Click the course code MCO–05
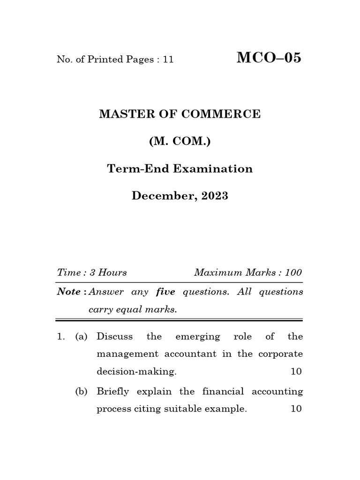click(269, 58)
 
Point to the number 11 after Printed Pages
click(168, 60)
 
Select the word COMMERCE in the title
click(225, 114)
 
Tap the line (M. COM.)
click(180, 141)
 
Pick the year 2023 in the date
click(215, 196)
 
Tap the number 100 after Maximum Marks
click(293, 272)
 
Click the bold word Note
click(69, 292)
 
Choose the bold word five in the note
click(165, 292)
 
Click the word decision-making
click(136, 372)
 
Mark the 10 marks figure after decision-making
click(296, 372)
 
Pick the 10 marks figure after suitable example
click(296, 409)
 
